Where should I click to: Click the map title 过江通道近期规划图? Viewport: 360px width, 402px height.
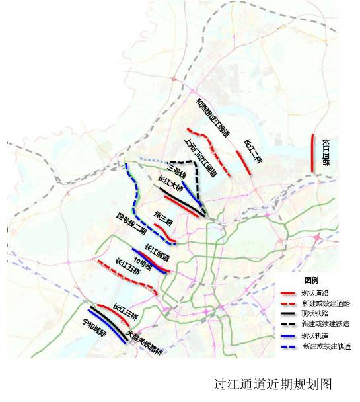(271, 383)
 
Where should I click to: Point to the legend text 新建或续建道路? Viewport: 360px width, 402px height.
(324, 302)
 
